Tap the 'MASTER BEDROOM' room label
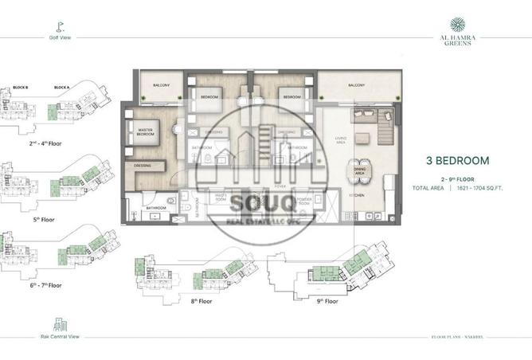coord(145,131)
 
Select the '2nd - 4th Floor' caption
coord(46,144)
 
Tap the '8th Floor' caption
coord(201,302)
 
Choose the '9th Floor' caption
coord(327,302)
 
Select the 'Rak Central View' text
coord(61,337)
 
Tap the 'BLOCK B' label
coord(21,86)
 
